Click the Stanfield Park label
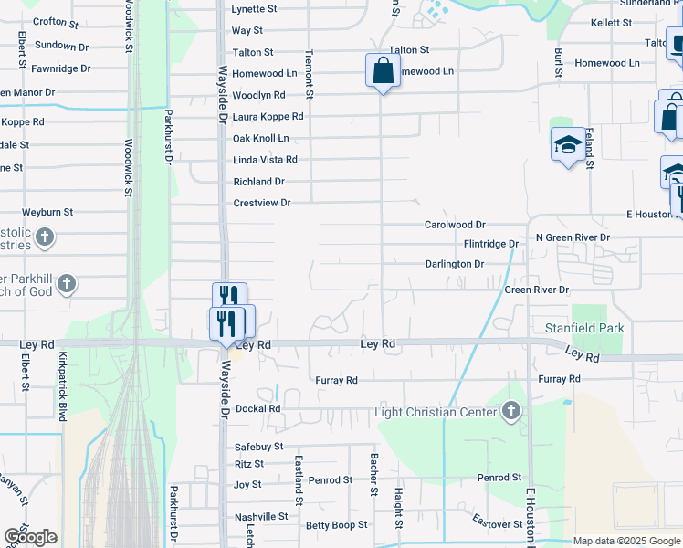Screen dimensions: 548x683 pyautogui.click(x=585, y=327)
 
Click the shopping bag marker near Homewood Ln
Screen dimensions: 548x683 pyautogui.click(x=383, y=70)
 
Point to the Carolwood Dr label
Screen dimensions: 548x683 pyautogui.click(x=455, y=224)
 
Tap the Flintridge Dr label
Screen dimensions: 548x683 pyautogui.click(x=490, y=244)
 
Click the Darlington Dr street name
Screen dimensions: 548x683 pyautogui.click(x=454, y=264)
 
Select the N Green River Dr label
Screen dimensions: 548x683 pyautogui.click(x=573, y=237)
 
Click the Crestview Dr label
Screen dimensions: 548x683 pyautogui.click(x=262, y=203)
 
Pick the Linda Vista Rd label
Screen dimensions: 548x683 pyautogui.click(x=266, y=160)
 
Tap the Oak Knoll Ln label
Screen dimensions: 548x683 pyautogui.click(x=261, y=138)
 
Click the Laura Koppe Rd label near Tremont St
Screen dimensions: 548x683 pyautogui.click(x=268, y=117)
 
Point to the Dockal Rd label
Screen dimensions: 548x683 pyautogui.click(x=257, y=409)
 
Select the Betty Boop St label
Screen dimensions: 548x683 pyautogui.click(x=336, y=525)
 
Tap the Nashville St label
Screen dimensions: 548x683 pyautogui.click(x=261, y=516)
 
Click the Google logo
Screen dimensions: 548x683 pyautogui.click(x=30, y=537)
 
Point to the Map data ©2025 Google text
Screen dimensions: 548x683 pyautogui.click(x=626, y=541)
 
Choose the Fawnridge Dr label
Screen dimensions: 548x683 pyautogui.click(x=60, y=68)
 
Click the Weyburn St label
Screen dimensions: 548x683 pyautogui.click(x=47, y=212)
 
